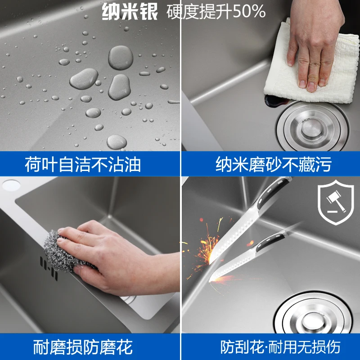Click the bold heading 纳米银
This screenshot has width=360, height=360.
[130, 12]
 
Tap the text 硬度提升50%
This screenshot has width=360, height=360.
[216, 12]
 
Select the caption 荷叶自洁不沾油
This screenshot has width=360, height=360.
[83, 164]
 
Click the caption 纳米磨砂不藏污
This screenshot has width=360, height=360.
[274, 164]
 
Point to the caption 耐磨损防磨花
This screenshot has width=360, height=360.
[83, 347]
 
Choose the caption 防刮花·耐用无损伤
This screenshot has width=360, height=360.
[280, 347]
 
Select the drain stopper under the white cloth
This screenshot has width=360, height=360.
[312, 127]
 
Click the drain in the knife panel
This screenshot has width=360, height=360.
[313, 314]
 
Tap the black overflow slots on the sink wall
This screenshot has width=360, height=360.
[49, 268]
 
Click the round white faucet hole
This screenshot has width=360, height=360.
[11, 185]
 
